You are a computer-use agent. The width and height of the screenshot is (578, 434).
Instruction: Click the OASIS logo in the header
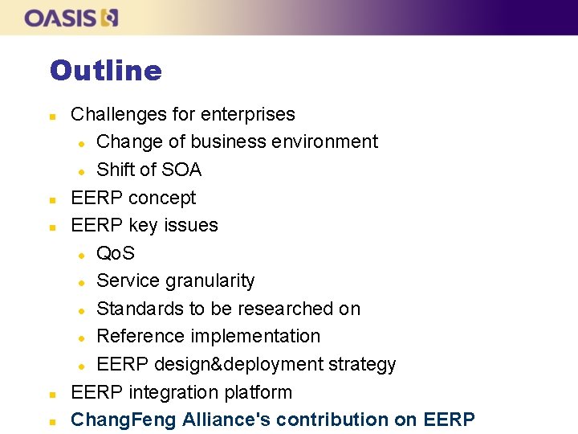click(71, 18)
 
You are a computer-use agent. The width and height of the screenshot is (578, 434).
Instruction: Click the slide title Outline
click(105, 71)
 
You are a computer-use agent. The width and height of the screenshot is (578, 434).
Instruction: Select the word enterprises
click(250, 114)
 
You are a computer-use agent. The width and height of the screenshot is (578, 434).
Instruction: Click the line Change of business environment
click(237, 141)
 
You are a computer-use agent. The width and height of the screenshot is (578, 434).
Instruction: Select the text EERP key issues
click(144, 225)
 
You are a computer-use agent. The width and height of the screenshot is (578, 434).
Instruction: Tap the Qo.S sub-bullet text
click(116, 253)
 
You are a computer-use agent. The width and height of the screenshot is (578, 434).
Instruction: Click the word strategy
click(366, 364)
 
